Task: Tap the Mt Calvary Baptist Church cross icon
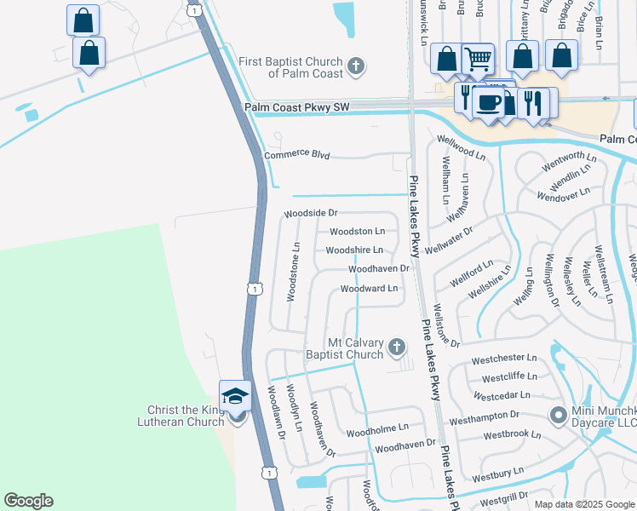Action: [396, 346]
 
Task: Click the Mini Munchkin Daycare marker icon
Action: [558, 415]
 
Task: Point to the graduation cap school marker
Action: [235, 395]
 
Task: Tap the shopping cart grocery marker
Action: [478, 59]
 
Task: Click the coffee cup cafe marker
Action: [488, 102]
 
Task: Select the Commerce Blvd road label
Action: [296, 156]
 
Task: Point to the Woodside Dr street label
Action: [311, 212]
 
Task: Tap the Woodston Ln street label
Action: [357, 231]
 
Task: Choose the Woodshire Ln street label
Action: [354, 250]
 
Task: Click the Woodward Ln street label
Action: [369, 289]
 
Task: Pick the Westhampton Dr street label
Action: [484, 415]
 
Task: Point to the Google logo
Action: [28, 501]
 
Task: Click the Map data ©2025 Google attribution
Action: [584, 504]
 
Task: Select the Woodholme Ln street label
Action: [378, 428]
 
